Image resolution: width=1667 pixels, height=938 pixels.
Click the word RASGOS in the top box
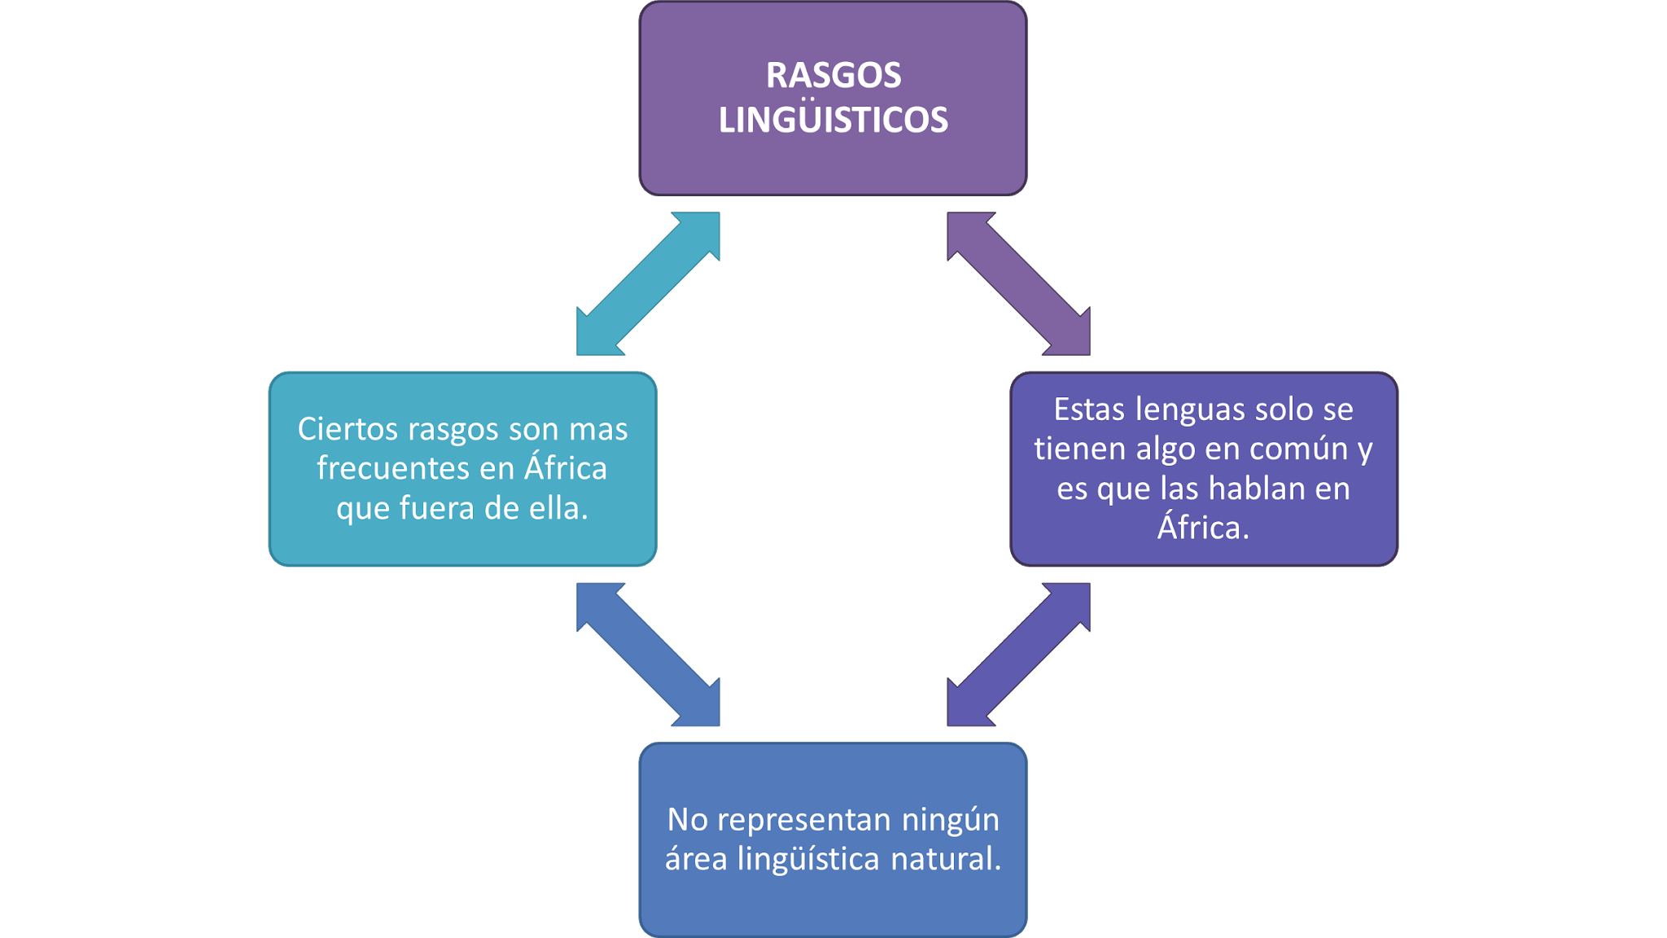(833, 76)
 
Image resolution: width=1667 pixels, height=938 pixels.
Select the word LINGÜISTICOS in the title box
(833, 121)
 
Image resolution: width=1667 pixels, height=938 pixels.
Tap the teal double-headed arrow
(648, 284)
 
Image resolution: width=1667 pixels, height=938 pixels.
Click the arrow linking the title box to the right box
(1018, 284)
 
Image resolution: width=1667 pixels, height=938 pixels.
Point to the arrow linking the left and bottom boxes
(648, 655)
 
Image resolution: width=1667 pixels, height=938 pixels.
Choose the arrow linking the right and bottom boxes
(1018, 655)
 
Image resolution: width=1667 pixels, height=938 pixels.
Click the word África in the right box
(1203, 527)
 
